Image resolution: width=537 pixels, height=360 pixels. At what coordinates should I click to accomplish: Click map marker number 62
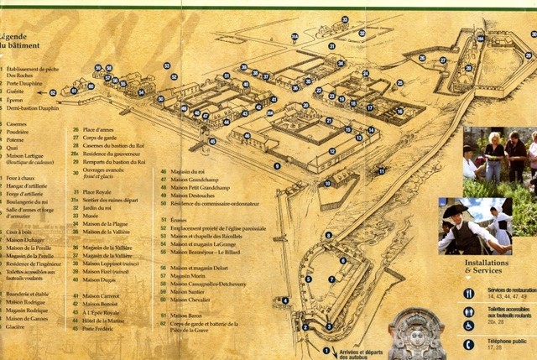tap(53, 92)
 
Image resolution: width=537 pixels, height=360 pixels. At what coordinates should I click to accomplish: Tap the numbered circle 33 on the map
tap(345, 19)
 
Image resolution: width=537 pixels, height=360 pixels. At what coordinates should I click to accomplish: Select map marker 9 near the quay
tap(277, 166)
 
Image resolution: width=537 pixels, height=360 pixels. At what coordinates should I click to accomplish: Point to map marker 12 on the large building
tap(332, 152)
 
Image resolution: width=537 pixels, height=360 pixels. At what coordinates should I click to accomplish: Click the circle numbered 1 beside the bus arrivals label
tap(326, 350)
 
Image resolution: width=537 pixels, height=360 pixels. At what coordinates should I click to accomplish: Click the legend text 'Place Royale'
tap(99, 192)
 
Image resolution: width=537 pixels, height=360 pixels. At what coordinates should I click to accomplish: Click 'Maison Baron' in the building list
tap(185, 315)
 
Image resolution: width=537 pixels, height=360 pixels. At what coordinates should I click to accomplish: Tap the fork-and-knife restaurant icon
tap(469, 295)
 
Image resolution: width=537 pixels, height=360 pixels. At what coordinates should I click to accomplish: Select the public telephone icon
tap(469, 344)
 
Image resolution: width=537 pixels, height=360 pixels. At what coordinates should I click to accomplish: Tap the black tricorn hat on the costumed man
tap(455, 211)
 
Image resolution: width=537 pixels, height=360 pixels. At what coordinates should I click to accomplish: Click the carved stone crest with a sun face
tap(416, 335)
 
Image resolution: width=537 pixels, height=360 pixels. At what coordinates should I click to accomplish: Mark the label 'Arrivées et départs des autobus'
tap(363, 354)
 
